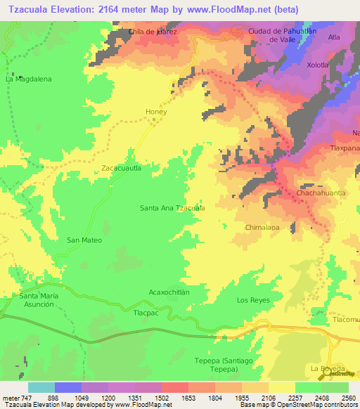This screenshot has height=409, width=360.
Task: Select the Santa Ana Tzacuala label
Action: click(x=172, y=208)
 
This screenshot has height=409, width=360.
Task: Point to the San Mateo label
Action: click(x=84, y=240)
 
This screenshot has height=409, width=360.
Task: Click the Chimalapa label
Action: click(x=262, y=228)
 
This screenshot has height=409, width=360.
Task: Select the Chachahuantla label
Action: click(x=321, y=193)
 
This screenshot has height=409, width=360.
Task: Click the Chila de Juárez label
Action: click(x=153, y=32)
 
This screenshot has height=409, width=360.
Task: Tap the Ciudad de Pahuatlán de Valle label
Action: click(x=285, y=35)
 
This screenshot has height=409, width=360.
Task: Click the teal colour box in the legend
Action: click(x=41, y=387)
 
